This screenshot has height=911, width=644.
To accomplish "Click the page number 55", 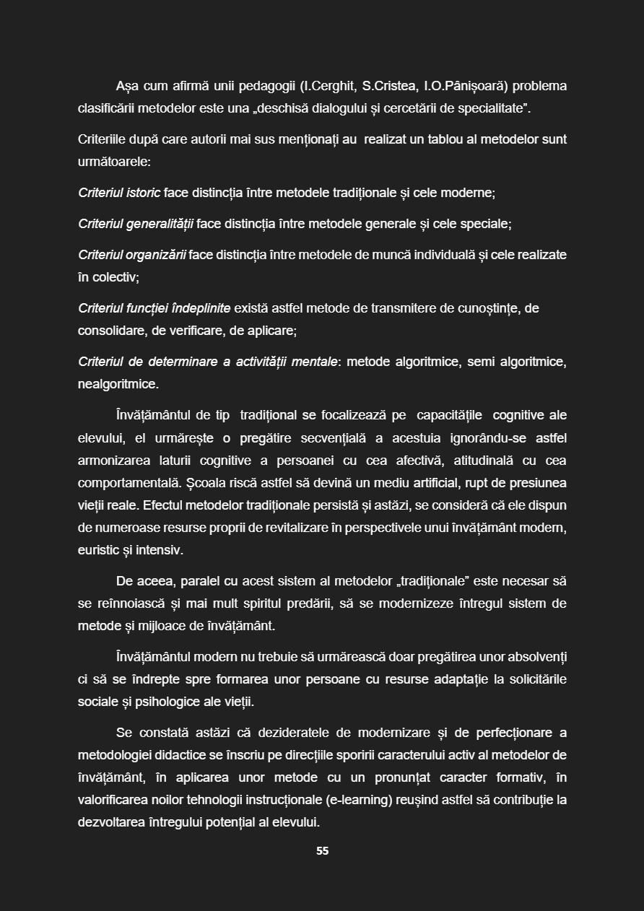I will (x=322, y=851).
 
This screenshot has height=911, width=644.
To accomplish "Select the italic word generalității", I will (x=159, y=225).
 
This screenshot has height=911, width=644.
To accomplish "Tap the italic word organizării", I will (x=156, y=256).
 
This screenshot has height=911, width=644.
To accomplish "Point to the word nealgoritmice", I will (x=118, y=385).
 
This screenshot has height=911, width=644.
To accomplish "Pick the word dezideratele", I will (x=293, y=733).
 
